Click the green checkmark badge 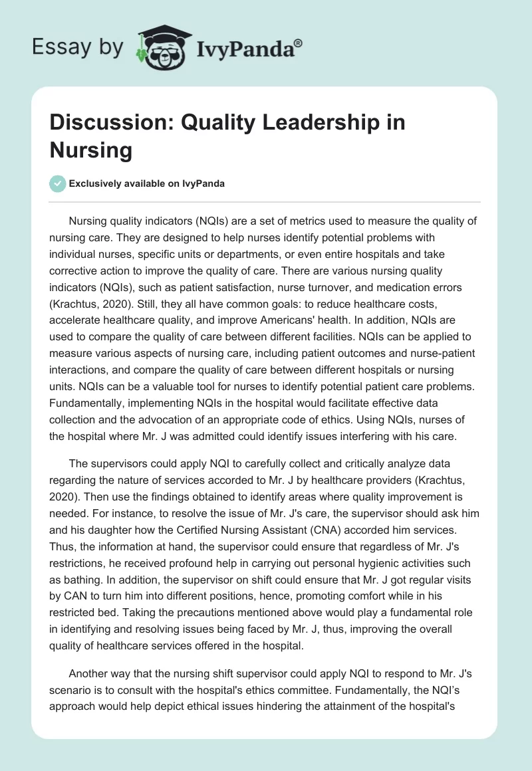(58, 183)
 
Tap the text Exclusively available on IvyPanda (147, 184)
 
